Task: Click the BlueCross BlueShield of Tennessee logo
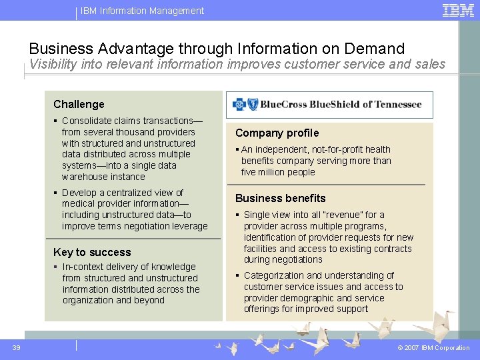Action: click(x=329, y=105)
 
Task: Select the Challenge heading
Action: click(x=79, y=104)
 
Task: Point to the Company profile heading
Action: click(x=277, y=133)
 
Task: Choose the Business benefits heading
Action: click(x=280, y=198)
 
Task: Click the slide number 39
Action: click(x=16, y=347)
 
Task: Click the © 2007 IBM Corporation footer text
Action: click(x=433, y=348)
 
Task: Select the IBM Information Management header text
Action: click(x=142, y=11)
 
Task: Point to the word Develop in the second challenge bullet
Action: click(x=79, y=193)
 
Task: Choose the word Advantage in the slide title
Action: click(x=135, y=49)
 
